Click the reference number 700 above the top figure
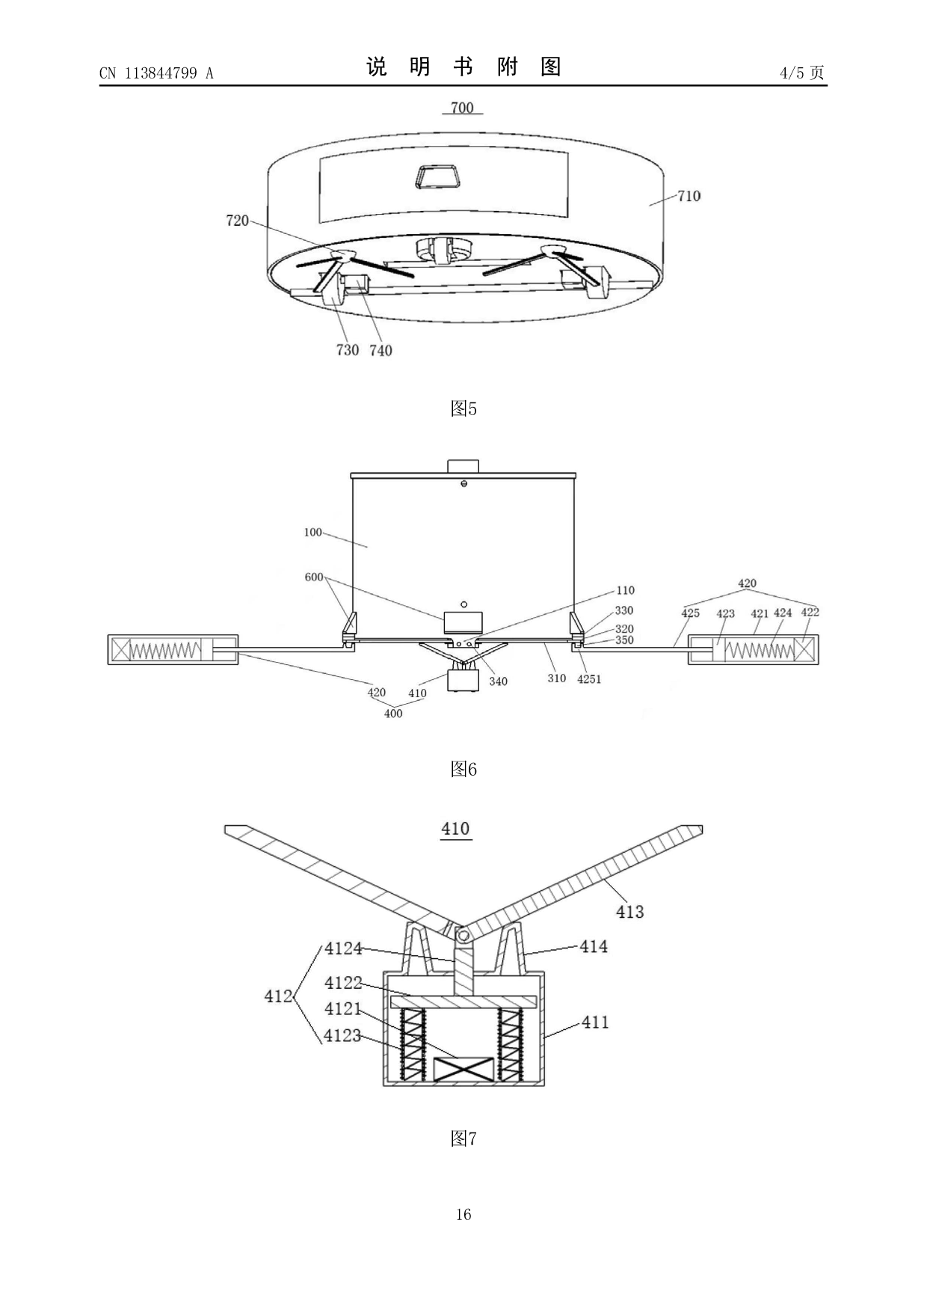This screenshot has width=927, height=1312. [462, 108]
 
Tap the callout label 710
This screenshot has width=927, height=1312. [689, 196]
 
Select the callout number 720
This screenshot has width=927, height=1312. [237, 221]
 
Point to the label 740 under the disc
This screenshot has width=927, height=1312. [381, 350]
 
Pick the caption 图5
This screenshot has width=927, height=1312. [463, 408]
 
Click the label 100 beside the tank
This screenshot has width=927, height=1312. [313, 533]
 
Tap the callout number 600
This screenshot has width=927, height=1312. [314, 577]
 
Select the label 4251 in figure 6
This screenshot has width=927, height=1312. [589, 679]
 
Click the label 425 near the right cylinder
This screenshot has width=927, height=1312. [690, 613]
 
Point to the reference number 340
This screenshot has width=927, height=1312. [498, 681]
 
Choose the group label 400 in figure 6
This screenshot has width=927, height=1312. [393, 714]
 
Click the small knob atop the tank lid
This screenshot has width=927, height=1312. [463, 465]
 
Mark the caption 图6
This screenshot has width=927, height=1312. [463, 769]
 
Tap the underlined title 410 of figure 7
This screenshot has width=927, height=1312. [455, 829]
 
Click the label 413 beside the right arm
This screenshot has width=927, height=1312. [629, 912]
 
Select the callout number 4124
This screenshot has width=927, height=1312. [343, 948]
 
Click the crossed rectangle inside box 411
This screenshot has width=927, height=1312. [463, 1069]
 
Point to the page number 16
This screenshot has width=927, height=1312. [463, 1214]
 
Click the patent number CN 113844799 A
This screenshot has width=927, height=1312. [156, 73]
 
